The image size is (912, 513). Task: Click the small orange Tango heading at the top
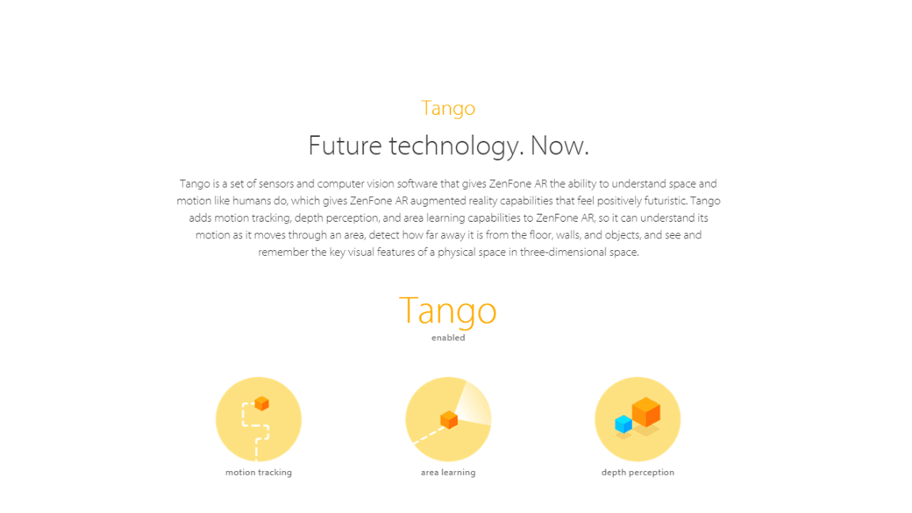click(x=448, y=108)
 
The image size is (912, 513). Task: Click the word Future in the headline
click(x=344, y=146)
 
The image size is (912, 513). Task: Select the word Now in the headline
click(x=559, y=146)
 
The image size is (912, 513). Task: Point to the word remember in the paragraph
click(x=283, y=253)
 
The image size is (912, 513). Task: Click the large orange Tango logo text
click(x=448, y=311)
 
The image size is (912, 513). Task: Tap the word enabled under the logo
click(x=448, y=337)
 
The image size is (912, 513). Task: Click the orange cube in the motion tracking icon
click(x=262, y=403)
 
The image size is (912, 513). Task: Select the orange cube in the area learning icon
click(x=449, y=420)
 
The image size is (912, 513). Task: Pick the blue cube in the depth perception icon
click(x=624, y=424)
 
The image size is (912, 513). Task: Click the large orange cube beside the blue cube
click(x=646, y=411)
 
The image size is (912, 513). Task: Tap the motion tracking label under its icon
click(x=259, y=473)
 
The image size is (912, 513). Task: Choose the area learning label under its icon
click(x=448, y=473)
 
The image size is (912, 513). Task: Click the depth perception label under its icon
click(x=637, y=473)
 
